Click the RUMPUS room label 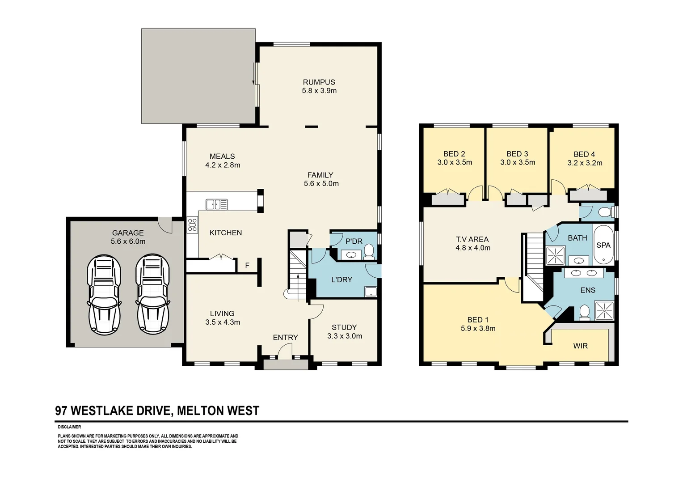tap(319, 82)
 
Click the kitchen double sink tap(216, 204)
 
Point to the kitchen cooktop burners tap(192, 224)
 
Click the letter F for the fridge tap(247, 266)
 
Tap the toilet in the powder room tap(369, 252)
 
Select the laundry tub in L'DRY tap(371, 292)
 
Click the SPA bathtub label tap(603, 245)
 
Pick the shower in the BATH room tap(555, 255)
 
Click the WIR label tap(580, 346)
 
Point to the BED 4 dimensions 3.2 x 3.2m tap(585, 163)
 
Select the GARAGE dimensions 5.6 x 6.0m tap(128, 241)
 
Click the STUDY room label tap(344, 327)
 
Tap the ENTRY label tap(285, 338)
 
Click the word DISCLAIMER tap(69, 427)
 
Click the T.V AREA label tap(472, 239)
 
